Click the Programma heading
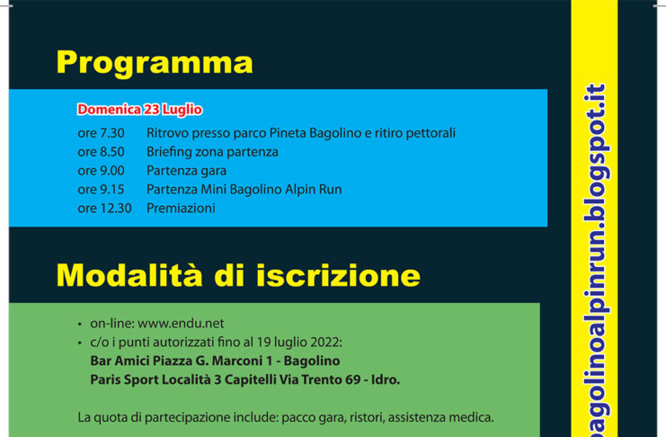tap(155, 64)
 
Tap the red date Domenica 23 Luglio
tap(139, 110)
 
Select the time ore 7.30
tap(101, 133)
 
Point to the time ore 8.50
tap(101, 152)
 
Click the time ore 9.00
tap(101, 171)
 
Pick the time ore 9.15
tap(101, 189)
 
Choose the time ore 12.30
tap(104, 208)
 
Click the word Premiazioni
tap(181, 208)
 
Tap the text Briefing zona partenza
tap(212, 152)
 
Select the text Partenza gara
tap(186, 171)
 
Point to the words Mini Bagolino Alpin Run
tap(271, 189)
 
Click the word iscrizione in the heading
tap(339, 275)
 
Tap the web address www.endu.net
tap(181, 324)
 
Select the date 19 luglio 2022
tap(306, 343)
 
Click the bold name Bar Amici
tap(120, 361)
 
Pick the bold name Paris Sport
tap(120, 379)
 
